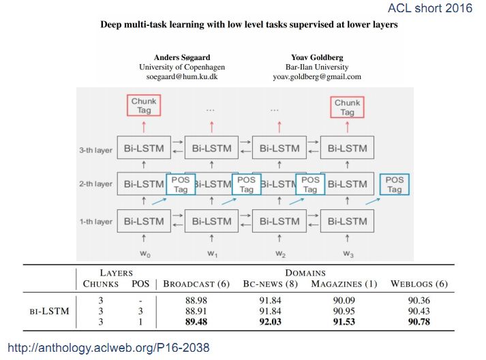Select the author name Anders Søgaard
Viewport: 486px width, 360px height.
pos(181,58)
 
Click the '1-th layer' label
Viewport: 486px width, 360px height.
pos(95,222)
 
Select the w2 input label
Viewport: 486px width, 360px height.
pos(280,253)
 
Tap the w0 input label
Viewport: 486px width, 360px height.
pos(145,253)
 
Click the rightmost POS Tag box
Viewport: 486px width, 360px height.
pos(395,185)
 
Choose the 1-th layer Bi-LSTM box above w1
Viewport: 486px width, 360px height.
pos(211,221)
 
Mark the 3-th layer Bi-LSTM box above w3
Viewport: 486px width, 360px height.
pos(347,148)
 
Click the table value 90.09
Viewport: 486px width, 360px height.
pos(344,301)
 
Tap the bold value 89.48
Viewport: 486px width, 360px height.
pos(196,321)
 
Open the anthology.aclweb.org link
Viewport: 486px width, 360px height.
pos(108,348)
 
